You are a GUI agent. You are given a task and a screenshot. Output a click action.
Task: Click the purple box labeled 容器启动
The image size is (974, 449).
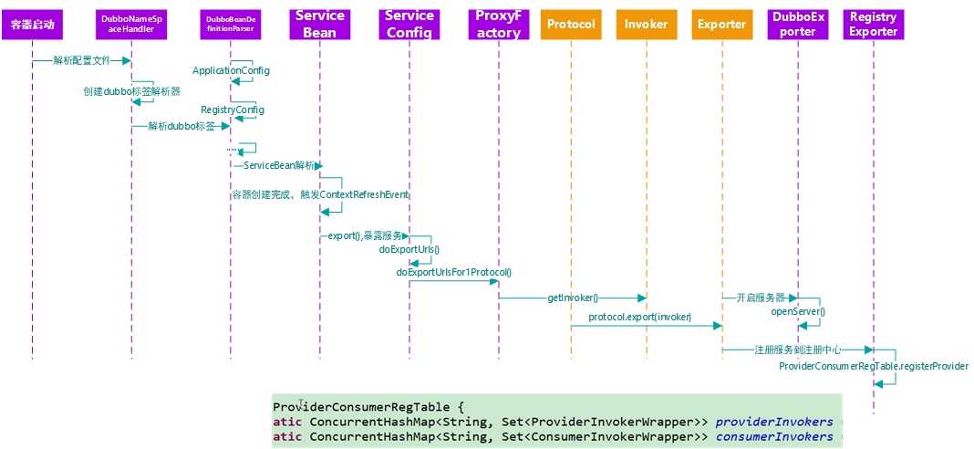tap(32, 24)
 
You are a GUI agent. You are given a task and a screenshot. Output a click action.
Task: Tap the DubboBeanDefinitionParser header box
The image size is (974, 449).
tap(230, 25)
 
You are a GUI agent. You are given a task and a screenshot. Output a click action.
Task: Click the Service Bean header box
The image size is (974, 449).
tap(320, 25)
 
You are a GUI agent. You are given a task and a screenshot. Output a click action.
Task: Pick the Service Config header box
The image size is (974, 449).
tap(409, 25)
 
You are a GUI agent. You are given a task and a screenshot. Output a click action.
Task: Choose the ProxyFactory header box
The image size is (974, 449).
tap(498, 25)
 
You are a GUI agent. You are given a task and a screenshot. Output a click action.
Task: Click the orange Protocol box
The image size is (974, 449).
tap(571, 25)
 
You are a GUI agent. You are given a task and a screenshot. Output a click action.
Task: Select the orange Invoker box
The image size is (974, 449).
tap(646, 25)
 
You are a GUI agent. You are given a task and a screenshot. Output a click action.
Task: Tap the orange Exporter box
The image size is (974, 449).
tap(721, 25)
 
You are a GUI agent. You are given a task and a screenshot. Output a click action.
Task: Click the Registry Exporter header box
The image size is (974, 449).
tap(873, 25)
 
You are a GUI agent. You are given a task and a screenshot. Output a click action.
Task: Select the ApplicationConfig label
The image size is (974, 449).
tap(231, 71)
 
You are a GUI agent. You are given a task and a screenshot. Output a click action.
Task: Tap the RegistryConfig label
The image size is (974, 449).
tap(233, 110)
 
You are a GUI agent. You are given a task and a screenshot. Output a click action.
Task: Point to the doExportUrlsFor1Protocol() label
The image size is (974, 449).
tap(453, 272)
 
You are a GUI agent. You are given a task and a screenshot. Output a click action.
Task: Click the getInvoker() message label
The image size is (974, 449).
tap(573, 298)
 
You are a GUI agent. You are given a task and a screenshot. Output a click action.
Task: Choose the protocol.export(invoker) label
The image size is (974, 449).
tap(639, 318)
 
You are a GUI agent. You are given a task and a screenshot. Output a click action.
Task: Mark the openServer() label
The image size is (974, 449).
tap(798, 311)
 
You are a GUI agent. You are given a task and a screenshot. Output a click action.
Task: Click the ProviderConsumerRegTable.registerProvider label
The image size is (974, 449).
tap(873, 366)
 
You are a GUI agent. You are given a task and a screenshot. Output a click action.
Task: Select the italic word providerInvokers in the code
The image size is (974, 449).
tap(773, 422)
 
